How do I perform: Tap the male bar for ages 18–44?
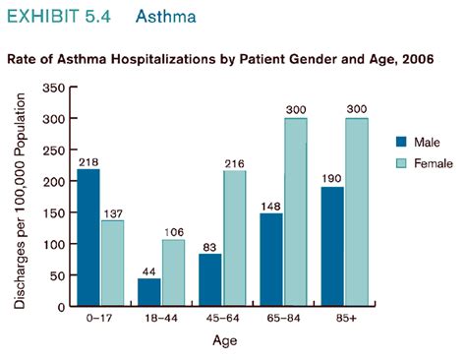click(148, 292)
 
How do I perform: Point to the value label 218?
click(88, 160)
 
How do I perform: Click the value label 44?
click(148, 270)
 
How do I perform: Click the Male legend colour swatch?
click(403, 141)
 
